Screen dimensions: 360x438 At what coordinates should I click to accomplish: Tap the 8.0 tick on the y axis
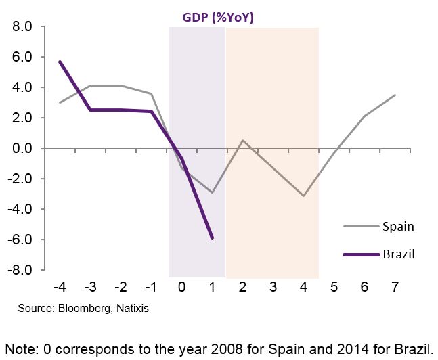pos(23,27)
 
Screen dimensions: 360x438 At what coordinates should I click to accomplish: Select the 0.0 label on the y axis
pos(23,148)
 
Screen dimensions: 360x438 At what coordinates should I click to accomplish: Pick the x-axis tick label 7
pos(395,288)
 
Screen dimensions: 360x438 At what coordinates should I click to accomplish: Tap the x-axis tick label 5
pos(334,288)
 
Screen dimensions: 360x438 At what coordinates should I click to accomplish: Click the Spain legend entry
pos(398,227)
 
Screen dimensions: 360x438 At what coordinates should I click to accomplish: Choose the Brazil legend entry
pos(398,254)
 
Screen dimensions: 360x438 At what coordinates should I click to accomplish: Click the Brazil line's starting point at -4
pos(60,62)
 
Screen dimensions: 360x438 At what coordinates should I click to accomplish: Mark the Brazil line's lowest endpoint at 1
pos(213,238)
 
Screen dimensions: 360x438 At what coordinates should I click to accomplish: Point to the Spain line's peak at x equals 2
pos(242,141)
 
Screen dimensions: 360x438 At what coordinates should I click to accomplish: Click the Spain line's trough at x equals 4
pos(303,196)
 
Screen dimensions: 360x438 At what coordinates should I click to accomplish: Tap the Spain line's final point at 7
pos(395,95)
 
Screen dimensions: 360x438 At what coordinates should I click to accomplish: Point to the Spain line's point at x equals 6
pos(364,116)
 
